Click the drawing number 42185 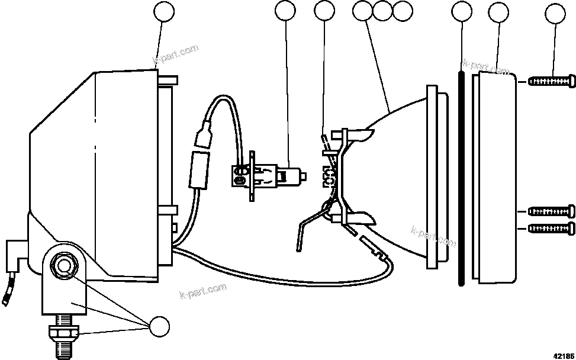tap(564, 356)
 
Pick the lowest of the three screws tap(551, 228)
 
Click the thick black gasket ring tap(460, 178)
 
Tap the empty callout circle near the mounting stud tap(159, 326)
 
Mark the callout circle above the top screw tap(555, 13)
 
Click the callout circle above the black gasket tap(462, 12)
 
